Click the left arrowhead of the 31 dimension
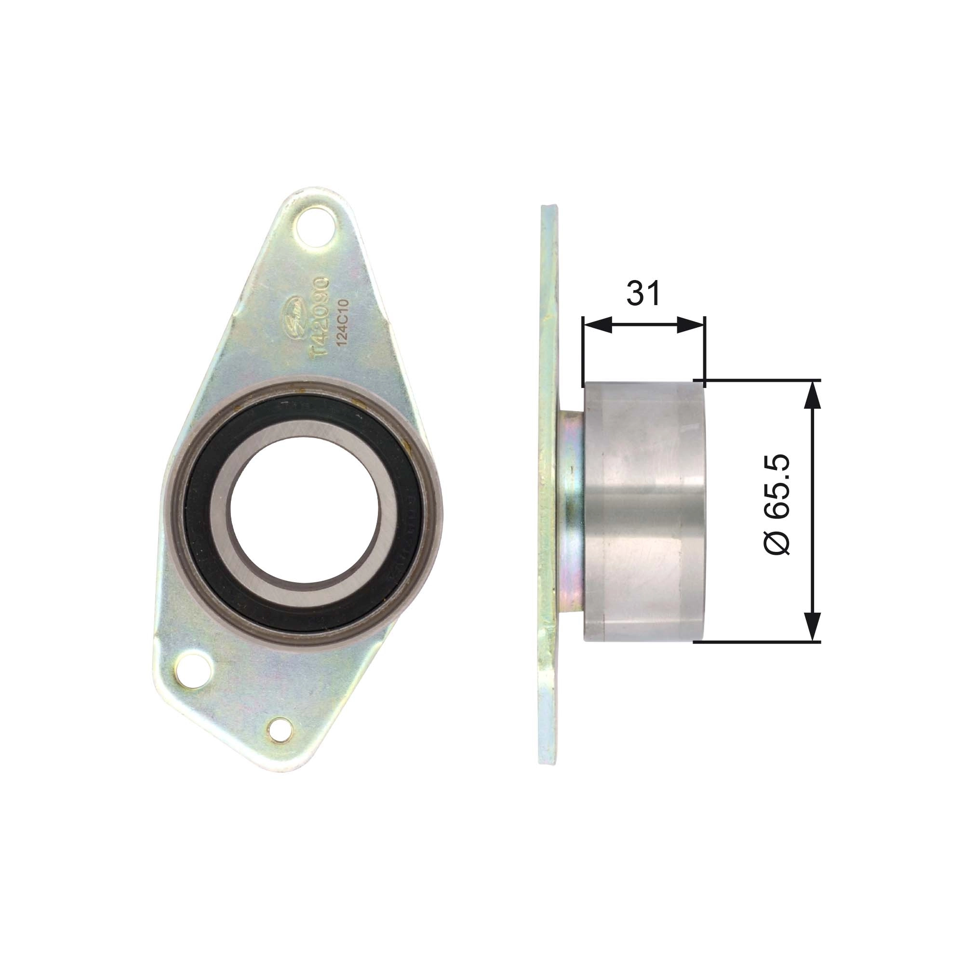click(596, 325)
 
